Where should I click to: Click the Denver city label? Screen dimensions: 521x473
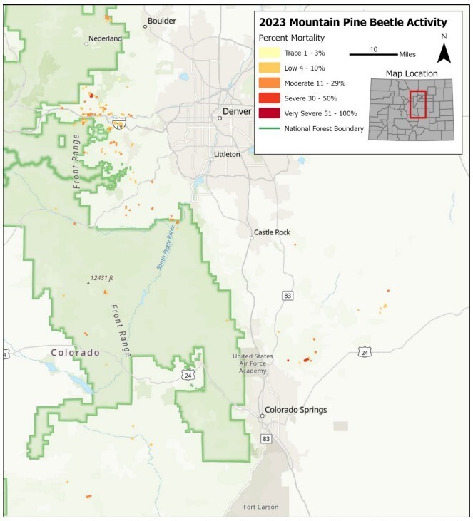238,112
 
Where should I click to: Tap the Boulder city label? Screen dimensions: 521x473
162,21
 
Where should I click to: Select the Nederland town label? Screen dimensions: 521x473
105,38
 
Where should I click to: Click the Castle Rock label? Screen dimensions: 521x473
272,233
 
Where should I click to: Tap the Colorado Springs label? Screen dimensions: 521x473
295,410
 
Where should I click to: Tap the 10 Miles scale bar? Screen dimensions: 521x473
373,53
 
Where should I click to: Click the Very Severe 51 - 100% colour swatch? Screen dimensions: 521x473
269,113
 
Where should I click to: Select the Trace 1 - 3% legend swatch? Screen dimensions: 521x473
269,53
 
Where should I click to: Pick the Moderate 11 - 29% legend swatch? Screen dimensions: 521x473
269,83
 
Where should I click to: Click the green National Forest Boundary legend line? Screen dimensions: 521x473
269,129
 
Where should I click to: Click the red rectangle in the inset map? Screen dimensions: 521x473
418,104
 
